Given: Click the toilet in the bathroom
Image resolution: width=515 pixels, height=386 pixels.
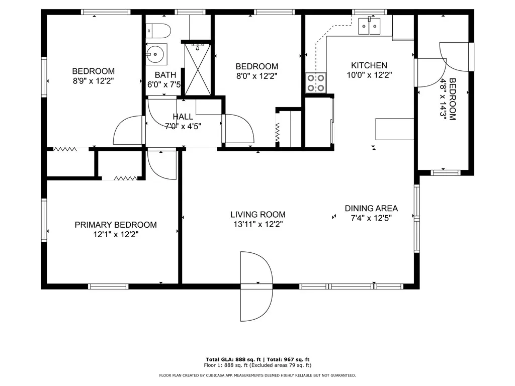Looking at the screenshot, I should pos(159,31).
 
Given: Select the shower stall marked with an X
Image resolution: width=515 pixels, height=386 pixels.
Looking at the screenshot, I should pos(196,68).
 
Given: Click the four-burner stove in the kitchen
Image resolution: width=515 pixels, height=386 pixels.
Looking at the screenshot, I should pos(316,82).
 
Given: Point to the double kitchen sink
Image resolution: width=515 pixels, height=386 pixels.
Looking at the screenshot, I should pos(370,26).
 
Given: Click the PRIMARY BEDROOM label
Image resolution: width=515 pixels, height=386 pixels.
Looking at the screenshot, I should pos(116,225).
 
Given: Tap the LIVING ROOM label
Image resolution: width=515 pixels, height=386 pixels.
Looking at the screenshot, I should pos(258,214).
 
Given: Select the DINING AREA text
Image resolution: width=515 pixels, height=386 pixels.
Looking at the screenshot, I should pos(371,208).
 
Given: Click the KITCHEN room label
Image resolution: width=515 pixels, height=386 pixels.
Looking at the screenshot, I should pos(369,65).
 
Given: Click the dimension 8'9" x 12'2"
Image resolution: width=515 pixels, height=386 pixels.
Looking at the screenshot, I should pos(93,81).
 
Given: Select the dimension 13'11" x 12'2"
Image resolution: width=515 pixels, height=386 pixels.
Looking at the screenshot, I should pos(258,225).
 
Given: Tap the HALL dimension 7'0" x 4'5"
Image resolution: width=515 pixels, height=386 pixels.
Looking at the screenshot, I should pos(183,126).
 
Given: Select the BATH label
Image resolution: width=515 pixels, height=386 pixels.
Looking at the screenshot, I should pos(165,75).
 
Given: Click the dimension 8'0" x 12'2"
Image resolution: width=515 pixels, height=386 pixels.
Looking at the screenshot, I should pos(256,76).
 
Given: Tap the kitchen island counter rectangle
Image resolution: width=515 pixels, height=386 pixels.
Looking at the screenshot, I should pos(395,129).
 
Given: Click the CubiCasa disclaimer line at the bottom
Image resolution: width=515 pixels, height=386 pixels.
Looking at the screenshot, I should pos(257,375).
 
